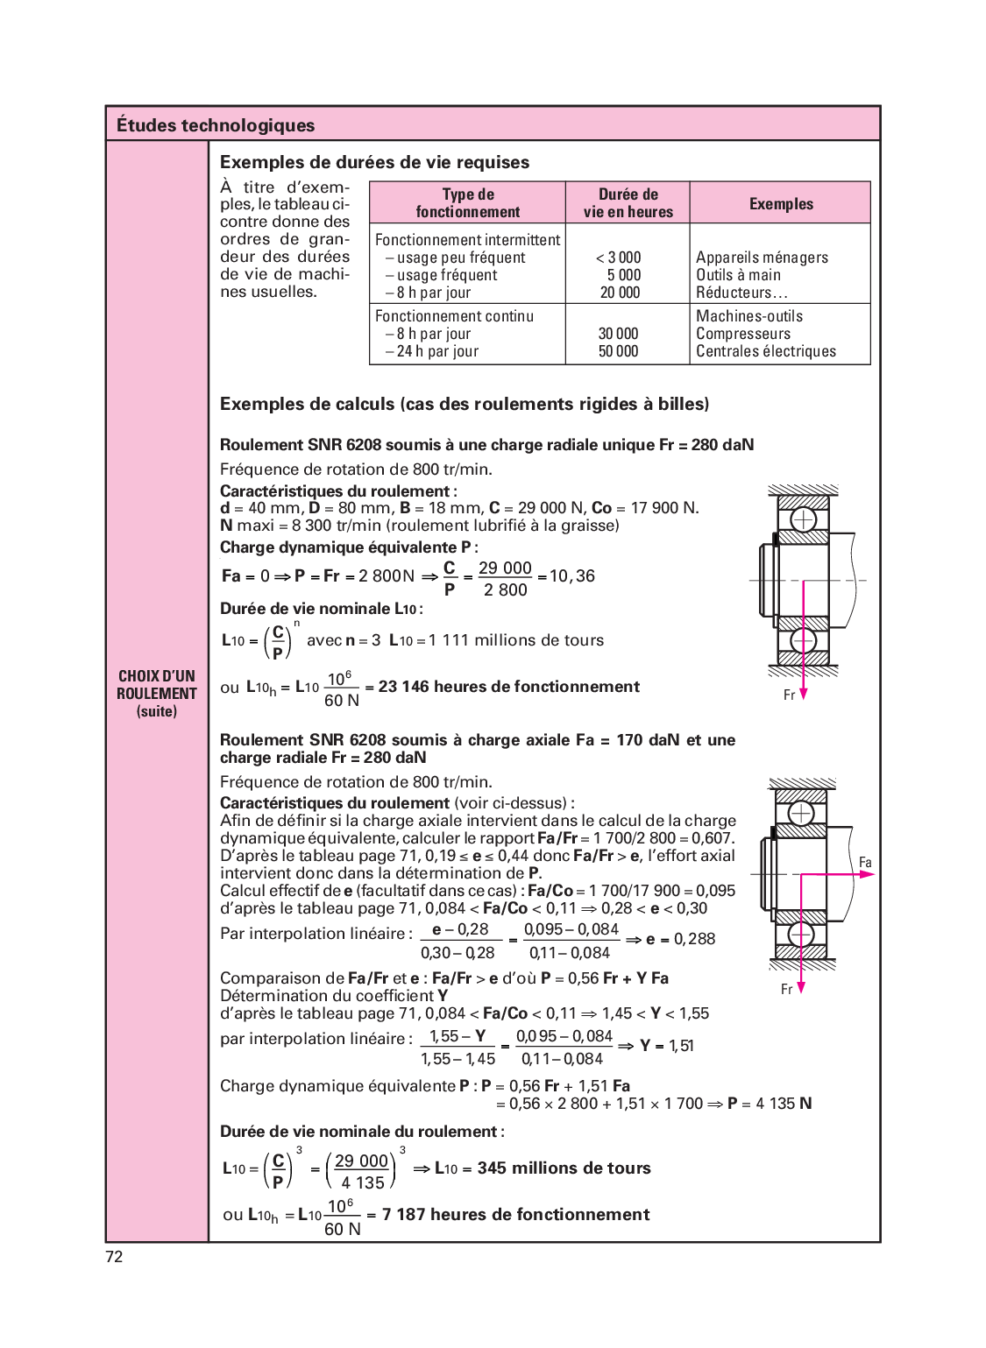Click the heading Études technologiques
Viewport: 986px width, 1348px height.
point(216,125)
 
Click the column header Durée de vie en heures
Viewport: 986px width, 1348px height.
point(628,203)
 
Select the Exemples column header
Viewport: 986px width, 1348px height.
point(781,204)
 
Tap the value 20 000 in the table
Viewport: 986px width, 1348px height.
point(621,293)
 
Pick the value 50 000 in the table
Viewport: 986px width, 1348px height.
point(619,351)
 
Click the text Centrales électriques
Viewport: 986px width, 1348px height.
point(766,351)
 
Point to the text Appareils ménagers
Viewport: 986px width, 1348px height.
point(762,258)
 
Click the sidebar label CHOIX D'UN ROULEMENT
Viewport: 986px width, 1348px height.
point(157,685)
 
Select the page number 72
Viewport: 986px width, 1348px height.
point(114,1257)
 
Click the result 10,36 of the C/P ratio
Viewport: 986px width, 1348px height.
point(572,576)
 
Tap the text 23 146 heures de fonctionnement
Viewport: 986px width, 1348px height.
point(509,687)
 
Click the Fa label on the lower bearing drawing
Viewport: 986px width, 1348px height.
point(865,863)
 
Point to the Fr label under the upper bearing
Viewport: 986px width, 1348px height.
point(789,695)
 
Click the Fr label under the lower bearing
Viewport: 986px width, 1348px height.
point(786,989)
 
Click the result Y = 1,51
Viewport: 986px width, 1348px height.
point(667,1046)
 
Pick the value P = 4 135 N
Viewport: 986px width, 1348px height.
point(770,1104)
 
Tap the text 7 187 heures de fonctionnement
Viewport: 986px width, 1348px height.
point(516,1215)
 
